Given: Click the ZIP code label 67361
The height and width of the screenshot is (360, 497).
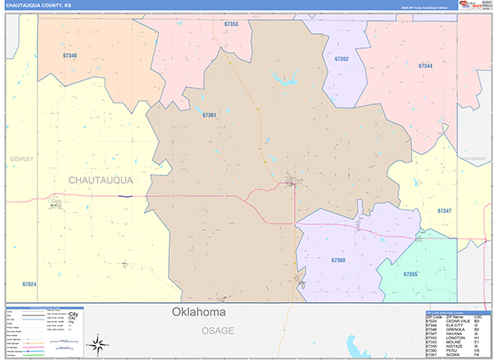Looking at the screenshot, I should [x=209, y=115].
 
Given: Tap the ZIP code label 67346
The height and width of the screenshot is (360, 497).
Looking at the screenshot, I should [x=70, y=55].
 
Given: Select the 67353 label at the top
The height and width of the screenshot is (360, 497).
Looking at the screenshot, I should [x=231, y=24].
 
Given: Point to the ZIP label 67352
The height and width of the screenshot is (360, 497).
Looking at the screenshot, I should [x=341, y=60].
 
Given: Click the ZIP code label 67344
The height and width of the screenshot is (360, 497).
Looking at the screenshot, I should [x=425, y=65].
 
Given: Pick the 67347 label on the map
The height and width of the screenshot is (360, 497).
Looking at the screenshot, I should [x=445, y=212].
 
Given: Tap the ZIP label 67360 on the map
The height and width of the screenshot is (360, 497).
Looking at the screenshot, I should [x=338, y=260].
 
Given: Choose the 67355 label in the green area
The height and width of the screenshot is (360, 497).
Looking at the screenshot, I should [x=410, y=274].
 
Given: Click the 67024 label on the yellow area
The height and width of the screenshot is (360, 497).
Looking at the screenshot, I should [x=29, y=285].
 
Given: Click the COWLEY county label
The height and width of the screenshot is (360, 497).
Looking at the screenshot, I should [x=22, y=158].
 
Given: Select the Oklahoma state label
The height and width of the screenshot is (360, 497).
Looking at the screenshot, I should [x=199, y=312].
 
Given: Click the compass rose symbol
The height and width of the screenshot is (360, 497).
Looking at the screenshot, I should [x=98, y=343].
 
